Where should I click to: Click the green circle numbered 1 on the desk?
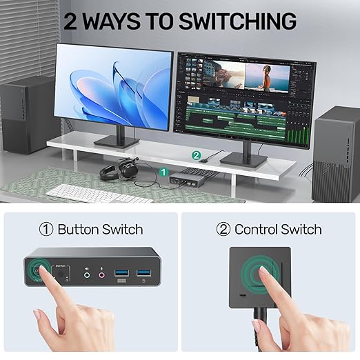(163, 170)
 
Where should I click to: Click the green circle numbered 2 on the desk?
(196, 155)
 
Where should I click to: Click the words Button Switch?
(100, 229)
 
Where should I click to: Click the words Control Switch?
(278, 229)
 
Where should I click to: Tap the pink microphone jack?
(102, 274)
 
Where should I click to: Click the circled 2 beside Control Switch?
(223, 229)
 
